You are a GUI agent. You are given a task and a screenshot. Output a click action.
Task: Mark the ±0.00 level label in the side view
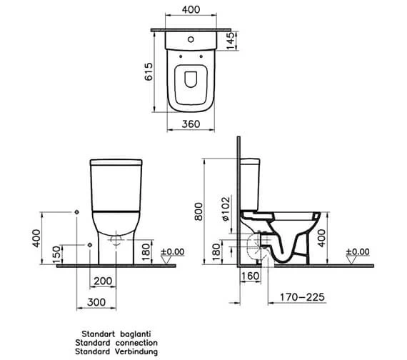357,252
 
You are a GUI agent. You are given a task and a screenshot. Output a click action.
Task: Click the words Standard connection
114,342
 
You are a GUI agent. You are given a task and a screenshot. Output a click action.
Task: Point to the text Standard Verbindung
114,351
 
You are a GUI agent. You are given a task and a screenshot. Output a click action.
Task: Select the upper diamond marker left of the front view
76,212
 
